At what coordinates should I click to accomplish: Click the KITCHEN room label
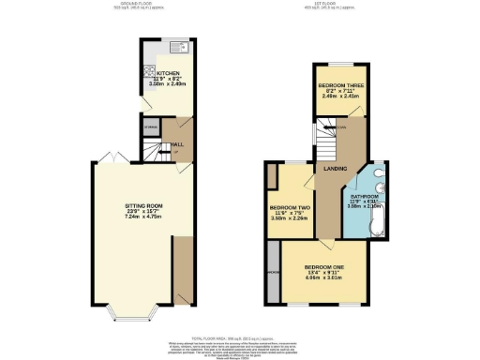(169, 71)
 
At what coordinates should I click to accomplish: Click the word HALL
(176, 143)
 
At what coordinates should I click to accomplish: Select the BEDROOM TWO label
(290, 206)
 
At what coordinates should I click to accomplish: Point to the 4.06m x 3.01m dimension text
(323, 277)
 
